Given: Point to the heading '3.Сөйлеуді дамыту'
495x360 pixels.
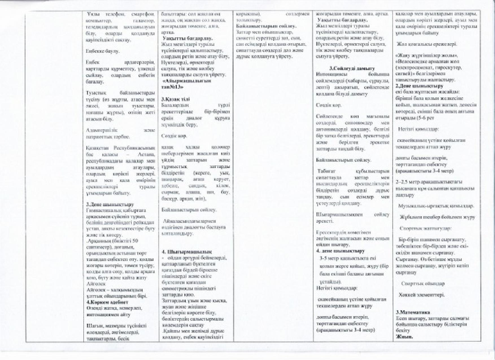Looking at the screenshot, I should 352,68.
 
